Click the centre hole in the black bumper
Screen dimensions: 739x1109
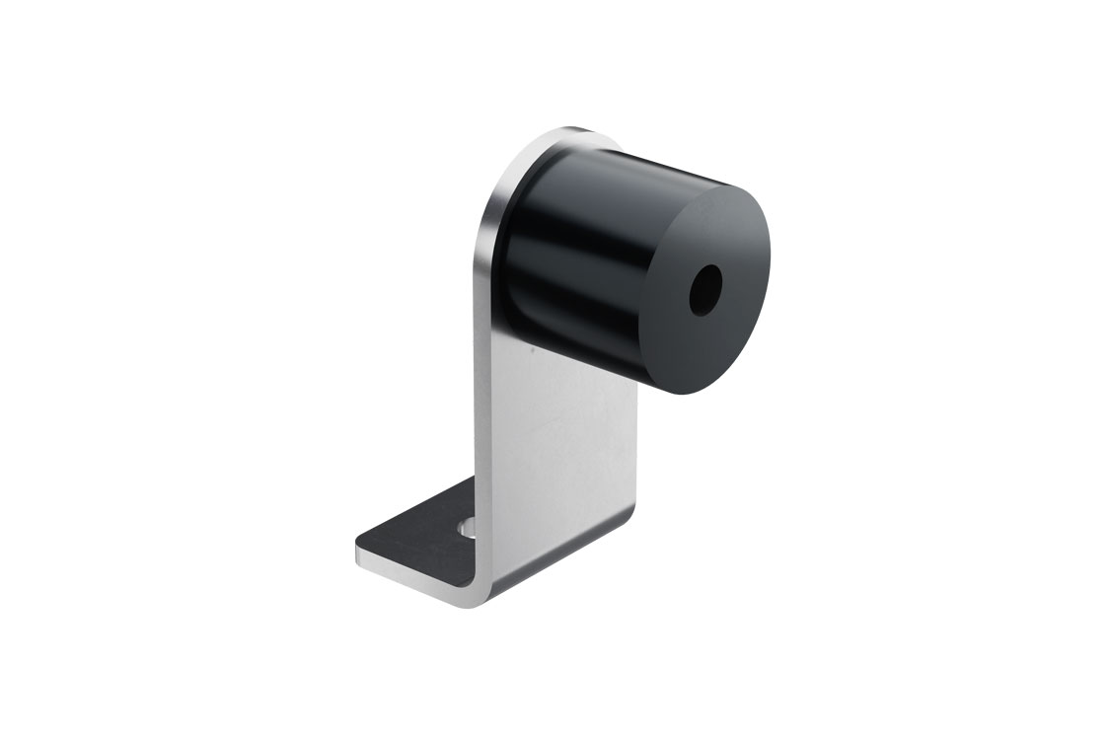pos(706,286)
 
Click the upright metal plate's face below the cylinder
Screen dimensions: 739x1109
pos(562,444)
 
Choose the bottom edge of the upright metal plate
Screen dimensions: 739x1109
pos(562,557)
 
